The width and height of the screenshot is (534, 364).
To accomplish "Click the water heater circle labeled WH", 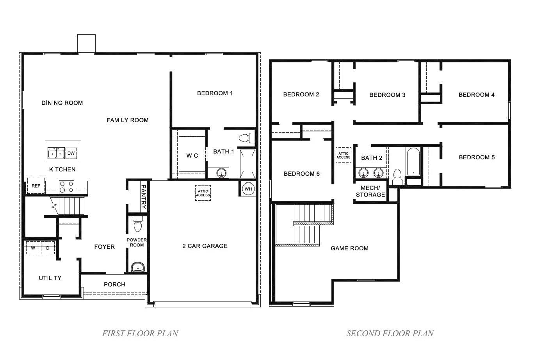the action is (248, 189).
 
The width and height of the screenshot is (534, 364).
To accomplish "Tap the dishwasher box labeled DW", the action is (71, 153).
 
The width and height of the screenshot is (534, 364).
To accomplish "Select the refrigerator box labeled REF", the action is (36, 186).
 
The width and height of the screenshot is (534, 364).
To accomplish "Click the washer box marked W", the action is (33, 248).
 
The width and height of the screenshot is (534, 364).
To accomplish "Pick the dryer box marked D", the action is (48, 248).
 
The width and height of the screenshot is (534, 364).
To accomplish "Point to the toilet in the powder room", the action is (138, 224).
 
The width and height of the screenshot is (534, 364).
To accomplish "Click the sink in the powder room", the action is (138, 267).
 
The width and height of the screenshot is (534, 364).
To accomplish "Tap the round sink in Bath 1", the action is (221, 173).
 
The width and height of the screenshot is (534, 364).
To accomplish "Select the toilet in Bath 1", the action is (247, 138).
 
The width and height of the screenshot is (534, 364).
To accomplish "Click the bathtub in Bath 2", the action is (413, 162).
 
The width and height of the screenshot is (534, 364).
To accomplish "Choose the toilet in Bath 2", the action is (397, 177).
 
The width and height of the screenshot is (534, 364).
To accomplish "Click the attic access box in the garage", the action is (203, 193).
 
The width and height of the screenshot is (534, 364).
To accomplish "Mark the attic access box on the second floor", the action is (343, 155).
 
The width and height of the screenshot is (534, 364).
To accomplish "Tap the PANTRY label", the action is (144, 197).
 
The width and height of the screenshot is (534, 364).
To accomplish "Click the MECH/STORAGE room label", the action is (370, 191).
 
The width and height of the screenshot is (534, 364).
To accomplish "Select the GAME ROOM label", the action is (349, 248).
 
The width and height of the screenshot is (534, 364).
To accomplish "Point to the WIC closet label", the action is (192, 155).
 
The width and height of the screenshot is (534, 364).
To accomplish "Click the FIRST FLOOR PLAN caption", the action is (140, 333).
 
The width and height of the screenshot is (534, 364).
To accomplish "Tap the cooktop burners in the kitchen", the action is (66, 187).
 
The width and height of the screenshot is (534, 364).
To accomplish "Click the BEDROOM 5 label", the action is (477, 157).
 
